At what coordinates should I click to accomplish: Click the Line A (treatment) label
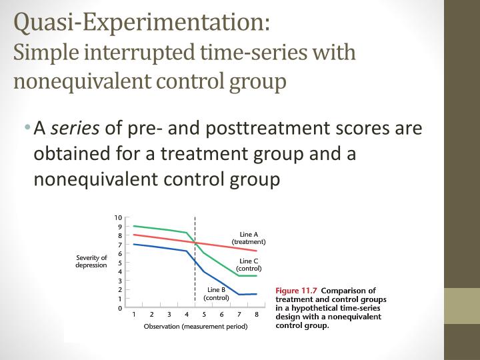249,238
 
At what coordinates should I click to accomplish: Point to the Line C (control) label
249,265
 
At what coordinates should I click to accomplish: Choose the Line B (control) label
217,293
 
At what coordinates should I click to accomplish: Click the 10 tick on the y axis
118,218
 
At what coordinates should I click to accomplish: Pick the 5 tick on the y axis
119,263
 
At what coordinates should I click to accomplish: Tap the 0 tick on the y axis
119,308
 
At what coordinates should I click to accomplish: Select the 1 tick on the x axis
134,315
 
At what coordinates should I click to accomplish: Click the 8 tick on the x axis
256,315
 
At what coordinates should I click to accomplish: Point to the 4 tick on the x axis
187,315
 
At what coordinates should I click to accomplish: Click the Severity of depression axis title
91,261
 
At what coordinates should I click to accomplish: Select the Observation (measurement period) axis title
195,327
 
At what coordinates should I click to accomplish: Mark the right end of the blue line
256,294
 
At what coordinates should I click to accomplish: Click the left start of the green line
134,226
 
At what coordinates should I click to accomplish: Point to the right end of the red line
256,251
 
